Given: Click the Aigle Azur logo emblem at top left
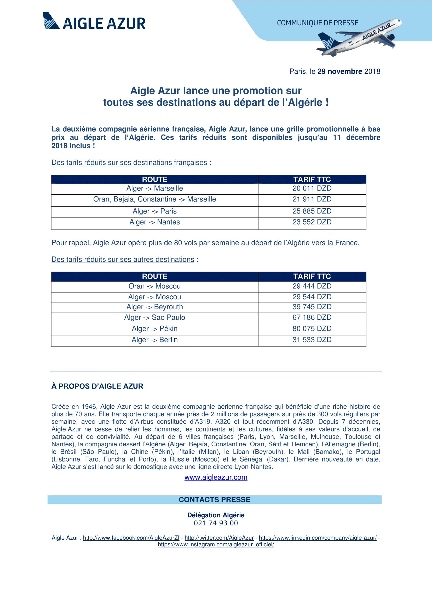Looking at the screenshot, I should coord(51,21).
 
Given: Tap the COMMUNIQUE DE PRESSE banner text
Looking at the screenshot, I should coord(318,23).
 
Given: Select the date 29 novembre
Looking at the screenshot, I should coord(340,71).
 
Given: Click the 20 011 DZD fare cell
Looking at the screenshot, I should coord(312,188).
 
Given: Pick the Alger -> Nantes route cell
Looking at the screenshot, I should coord(155,222).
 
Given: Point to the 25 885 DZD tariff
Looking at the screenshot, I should coord(312,211).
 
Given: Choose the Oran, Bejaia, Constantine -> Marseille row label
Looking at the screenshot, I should coord(155,199).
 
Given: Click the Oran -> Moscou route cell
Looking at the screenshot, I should coord(155,286).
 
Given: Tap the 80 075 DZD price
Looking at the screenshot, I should coord(312,329).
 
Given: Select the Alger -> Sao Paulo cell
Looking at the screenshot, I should coord(155,317).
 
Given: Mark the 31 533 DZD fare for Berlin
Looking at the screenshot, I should coord(312,340).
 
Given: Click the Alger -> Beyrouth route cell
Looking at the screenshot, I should coord(155,307).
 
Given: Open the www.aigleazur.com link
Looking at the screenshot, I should coord(216,477).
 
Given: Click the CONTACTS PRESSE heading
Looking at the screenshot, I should coord(215,499).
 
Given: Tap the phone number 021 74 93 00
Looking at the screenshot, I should coord(216,523).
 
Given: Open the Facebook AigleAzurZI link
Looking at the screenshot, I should coord(131,538).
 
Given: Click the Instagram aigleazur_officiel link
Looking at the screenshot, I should coord(216,544).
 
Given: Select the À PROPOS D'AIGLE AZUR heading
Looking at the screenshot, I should coord(97,386).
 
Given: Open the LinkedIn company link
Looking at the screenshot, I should coord(318,538).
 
